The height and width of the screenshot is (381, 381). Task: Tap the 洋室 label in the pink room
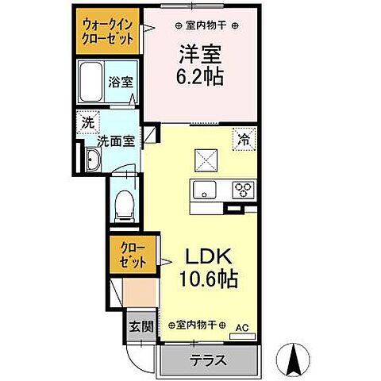(x=198, y=56)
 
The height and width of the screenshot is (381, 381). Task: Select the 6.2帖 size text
(x=198, y=77)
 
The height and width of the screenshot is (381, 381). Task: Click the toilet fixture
(x=124, y=207)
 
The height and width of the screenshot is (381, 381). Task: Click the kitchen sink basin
(x=203, y=191)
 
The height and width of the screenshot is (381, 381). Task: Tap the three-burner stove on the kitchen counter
(x=242, y=190)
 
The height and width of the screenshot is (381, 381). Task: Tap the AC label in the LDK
(x=244, y=325)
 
